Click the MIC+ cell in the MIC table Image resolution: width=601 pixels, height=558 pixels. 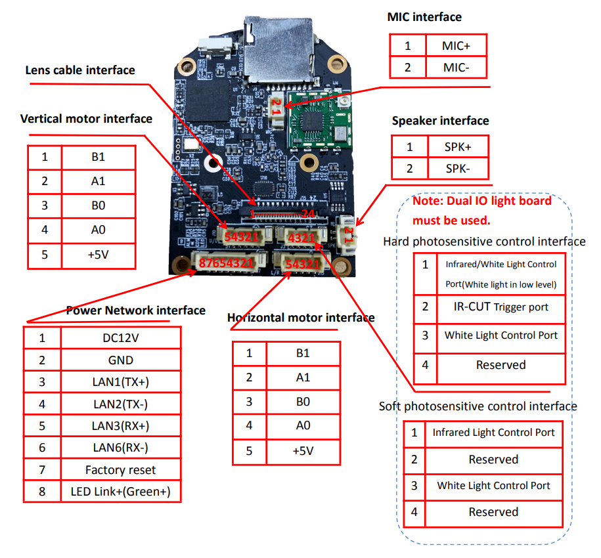pyautogui.click(x=456, y=45)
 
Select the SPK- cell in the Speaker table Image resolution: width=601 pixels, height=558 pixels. pyautogui.click(x=457, y=168)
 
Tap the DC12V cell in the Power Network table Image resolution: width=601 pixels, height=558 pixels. pyautogui.click(x=120, y=337)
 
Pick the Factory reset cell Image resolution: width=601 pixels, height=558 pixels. pyautogui.click(x=120, y=469)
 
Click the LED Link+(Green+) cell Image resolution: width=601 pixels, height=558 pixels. pyautogui.click(x=120, y=491)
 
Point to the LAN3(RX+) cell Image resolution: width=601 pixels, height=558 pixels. pyautogui.click(x=120, y=425)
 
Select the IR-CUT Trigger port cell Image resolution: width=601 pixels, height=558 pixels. pyautogui.click(x=501, y=307)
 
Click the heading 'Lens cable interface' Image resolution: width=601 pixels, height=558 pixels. pyautogui.click(x=80, y=70)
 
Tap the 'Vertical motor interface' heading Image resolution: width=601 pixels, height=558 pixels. pyautogui.click(x=86, y=119)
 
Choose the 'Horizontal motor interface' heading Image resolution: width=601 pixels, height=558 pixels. pyautogui.click(x=301, y=318)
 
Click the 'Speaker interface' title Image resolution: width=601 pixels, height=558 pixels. pyautogui.click(x=440, y=121)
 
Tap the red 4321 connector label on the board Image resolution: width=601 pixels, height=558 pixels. pyautogui.click(x=302, y=237)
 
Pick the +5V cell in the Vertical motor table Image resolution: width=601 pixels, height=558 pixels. pyautogui.click(x=99, y=255)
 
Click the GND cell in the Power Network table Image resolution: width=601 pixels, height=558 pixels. pyautogui.click(x=120, y=360)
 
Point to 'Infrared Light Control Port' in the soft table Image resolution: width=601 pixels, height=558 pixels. pyautogui.click(x=493, y=433)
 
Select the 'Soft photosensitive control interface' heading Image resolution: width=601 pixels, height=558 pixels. pyautogui.click(x=478, y=406)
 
